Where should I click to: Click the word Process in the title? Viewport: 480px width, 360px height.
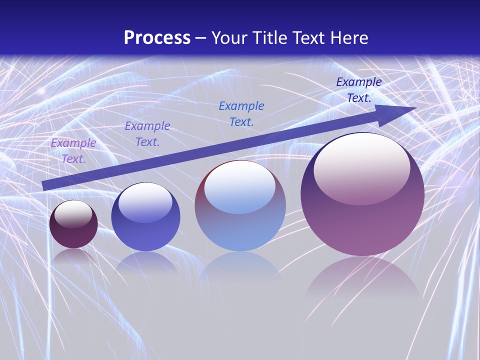(x=157, y=38)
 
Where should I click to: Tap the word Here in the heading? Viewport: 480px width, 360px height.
(x=348, y=38)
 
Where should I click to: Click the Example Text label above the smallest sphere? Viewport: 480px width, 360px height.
(x=73, y=151)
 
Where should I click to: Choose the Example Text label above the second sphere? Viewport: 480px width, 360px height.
(x=147, y=134)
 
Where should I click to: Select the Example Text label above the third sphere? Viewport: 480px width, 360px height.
(x=241, y=113)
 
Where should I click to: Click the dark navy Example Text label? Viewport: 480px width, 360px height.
(x=359, y=90)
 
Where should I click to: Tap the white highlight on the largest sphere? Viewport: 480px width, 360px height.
(x=361, y=167)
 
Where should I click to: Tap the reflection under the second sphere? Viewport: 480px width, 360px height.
(x=145, y=262)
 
